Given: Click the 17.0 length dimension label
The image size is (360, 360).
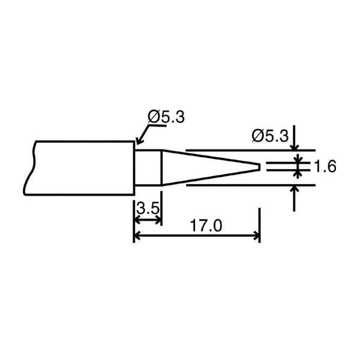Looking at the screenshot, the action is [x=206, y=226].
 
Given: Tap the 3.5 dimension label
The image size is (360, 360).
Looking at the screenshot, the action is [x=148, y=209].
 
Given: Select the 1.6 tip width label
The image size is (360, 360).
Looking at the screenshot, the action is [x=325, y=166].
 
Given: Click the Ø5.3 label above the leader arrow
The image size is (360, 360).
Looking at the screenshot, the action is [x=166, y=117].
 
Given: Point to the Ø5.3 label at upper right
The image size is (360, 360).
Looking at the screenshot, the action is [x=270, y=136].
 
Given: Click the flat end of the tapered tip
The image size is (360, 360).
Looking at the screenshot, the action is [x=260, y=167].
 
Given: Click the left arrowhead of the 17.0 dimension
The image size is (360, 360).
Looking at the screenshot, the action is [x=137, y=236].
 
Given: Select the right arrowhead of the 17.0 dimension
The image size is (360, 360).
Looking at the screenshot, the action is [x=256, y=236].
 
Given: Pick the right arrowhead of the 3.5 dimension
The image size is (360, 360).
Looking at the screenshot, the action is [x=158, y=220].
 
